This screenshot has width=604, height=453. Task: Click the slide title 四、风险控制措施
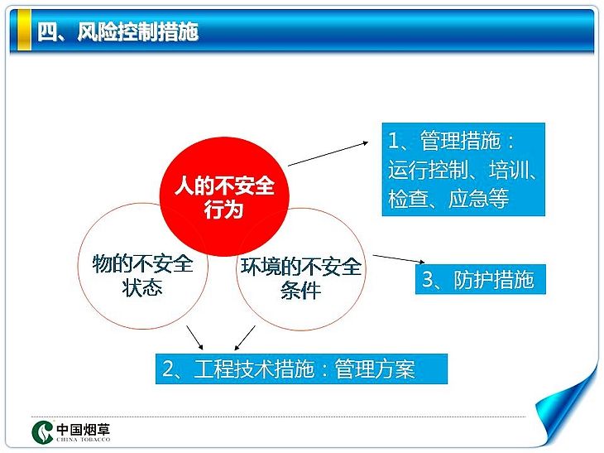pos(117,31)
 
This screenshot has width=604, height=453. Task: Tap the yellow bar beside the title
pos(24,30)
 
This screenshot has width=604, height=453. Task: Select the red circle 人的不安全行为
pos(224,196)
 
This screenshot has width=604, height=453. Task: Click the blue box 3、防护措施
pos(481,279)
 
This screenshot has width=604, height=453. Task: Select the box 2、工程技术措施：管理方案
pos(301,369)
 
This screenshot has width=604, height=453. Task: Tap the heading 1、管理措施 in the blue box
pos(451,140)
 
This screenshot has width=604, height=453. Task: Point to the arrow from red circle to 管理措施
pos(328,154)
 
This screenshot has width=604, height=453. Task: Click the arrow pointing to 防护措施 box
pos(399,258)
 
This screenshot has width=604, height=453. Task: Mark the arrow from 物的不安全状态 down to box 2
pos(194,337)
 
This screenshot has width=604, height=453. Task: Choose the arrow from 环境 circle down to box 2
pos(245,338)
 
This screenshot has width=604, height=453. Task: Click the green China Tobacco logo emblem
pos(42,431)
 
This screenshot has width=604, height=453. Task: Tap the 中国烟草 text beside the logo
pos(84,429)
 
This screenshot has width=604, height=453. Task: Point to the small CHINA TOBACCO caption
pos(84,439)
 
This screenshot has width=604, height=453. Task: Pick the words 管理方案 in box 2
pos(375,369)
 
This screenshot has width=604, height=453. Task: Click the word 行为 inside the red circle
pos(223,210)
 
